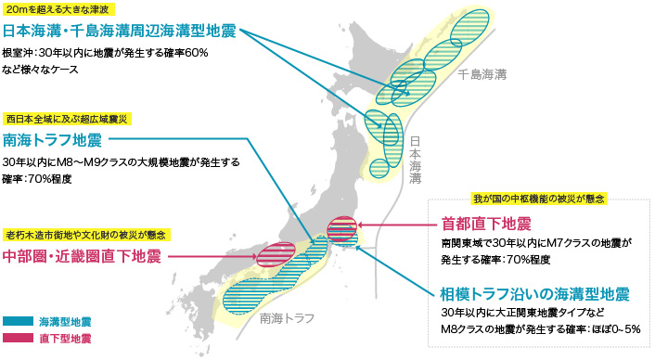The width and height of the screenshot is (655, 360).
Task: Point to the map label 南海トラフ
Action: (x=288, y=318)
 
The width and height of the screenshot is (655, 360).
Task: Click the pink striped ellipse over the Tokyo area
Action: (x=342, y=225)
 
